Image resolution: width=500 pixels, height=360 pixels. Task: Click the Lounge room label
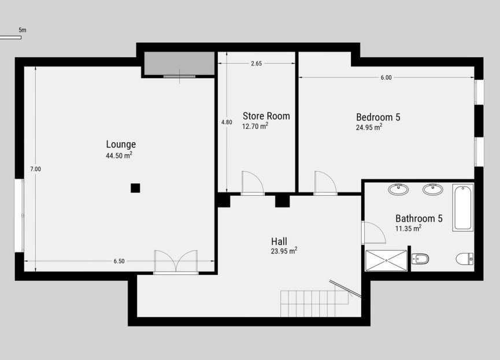120,144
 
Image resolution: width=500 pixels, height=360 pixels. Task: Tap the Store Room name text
266,116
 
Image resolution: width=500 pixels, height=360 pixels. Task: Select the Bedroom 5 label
378,117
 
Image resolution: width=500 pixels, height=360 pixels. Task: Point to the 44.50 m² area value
120,155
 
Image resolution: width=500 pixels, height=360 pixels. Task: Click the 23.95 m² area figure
284,251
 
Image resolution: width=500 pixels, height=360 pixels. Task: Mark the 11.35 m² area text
408,228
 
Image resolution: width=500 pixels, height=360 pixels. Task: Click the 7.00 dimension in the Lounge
36,169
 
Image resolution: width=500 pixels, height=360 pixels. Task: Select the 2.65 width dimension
257,64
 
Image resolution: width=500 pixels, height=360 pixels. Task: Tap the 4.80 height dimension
227,122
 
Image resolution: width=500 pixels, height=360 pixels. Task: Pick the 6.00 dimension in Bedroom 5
386,77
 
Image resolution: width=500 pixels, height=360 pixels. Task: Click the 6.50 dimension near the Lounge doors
119,261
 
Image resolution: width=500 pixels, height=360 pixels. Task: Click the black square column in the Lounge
135,187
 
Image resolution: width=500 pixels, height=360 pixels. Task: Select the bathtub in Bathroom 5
463,207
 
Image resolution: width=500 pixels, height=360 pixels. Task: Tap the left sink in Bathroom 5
398,189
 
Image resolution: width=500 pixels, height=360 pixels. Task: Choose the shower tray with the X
386,261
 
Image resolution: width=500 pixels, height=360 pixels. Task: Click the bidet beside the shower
420,259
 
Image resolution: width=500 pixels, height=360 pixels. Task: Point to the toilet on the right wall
465,259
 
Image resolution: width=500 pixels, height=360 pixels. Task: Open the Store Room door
252,183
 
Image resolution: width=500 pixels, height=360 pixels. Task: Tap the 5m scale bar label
22,29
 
